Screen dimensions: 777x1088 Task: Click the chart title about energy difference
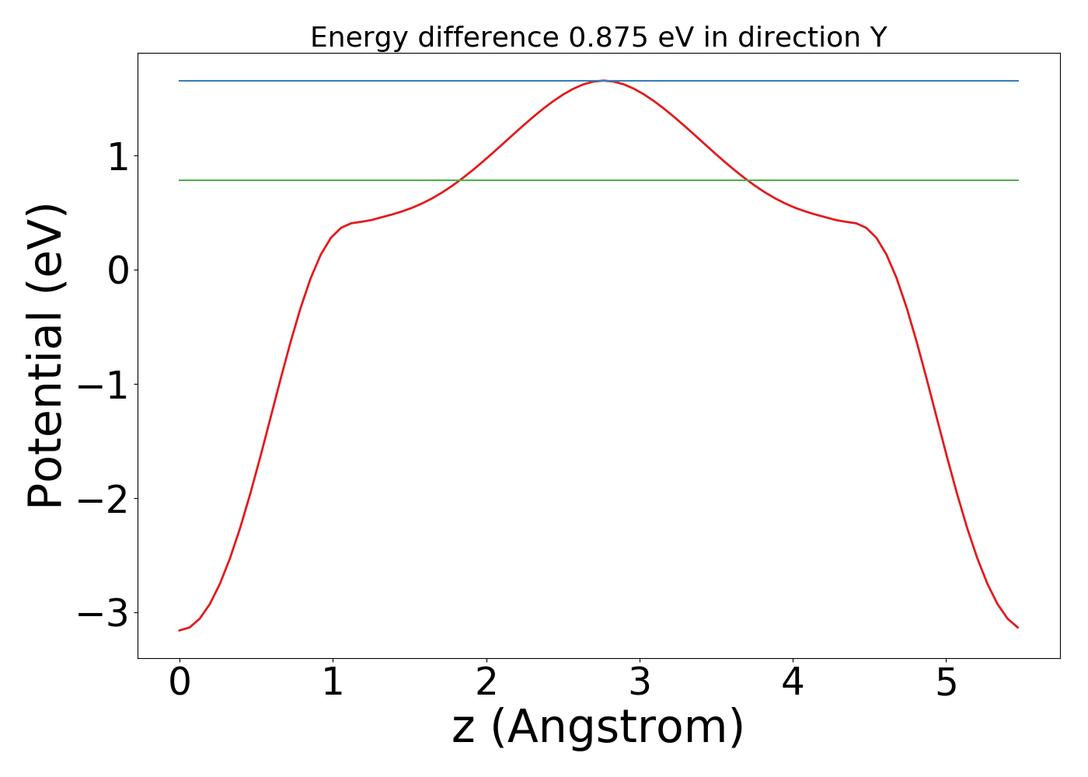pos(598,37)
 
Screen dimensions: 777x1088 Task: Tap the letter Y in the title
pos(878,37)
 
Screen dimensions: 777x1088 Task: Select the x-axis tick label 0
pos(180,683)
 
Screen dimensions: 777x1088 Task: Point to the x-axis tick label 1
pos(333,683)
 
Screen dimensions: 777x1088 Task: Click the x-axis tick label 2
pos(486,683)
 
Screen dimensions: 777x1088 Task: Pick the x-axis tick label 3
pos(640,683)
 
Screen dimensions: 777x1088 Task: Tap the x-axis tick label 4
pos(793,683)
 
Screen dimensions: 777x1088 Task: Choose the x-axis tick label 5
pos(946,683)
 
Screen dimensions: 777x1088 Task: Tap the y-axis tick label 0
pos(117,270)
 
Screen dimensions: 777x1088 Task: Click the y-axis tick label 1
pos(117,156)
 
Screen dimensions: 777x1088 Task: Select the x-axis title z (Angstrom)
pos(598,728)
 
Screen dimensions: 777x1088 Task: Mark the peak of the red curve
pos(603,81)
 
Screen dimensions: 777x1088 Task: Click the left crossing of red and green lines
pos(459,180)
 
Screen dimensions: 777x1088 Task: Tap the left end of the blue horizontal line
pos(180,81)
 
